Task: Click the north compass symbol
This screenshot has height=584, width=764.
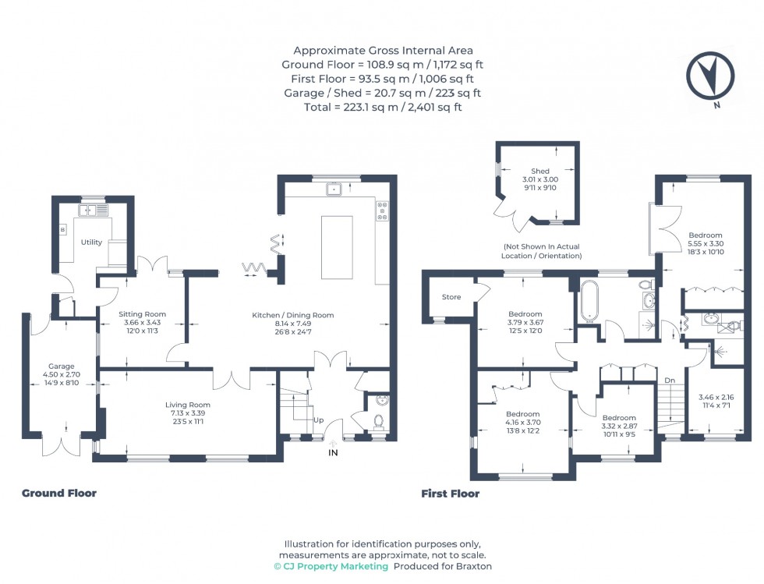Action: click(710, 77)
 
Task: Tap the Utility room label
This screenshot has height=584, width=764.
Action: click(91, 242)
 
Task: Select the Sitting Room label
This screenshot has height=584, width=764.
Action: click(142, 314)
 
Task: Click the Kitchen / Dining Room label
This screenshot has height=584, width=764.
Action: click(292, 315)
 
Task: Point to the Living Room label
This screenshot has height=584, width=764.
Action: click(187, 405)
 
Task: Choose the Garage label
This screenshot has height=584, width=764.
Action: click(61, 366)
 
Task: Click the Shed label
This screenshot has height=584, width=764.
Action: click(540, 171)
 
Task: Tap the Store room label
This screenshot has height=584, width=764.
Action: click(451, 297)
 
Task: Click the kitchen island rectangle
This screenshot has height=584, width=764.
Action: click(337, 246)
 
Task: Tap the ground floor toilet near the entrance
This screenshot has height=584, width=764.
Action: click(379, 422)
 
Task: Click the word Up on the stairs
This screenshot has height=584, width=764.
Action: click(319, 420)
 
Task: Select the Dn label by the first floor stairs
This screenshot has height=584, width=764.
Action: click(670, 380)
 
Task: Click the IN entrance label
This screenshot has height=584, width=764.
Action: click(334, 452)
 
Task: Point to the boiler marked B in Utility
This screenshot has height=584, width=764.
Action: click(63, 230)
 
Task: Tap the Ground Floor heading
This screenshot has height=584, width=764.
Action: click(59, 493)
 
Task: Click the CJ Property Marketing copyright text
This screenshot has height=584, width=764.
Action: click(331, 566)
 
